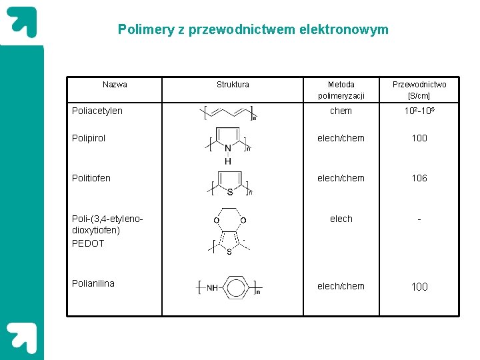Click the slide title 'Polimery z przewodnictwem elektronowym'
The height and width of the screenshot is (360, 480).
tap(253, 29)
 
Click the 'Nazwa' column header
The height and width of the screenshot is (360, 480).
tap(115, 85)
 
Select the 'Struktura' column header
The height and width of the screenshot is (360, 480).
tap(233, 85)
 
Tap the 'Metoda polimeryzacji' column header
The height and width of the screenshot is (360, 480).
tap(341, 90)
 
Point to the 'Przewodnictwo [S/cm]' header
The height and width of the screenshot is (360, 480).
tap(419, 90)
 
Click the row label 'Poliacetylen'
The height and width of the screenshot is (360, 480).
tap(97, 111)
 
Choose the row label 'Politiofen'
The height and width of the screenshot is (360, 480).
tap(91, 178)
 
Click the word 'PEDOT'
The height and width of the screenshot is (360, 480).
tap(88, 243)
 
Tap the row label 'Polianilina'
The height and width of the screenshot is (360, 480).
tap(93, 283)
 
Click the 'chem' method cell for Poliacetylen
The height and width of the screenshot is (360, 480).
tap(341, 111)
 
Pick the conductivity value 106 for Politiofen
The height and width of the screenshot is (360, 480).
tap(419, 178)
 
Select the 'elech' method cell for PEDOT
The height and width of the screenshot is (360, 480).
tap(341, 219)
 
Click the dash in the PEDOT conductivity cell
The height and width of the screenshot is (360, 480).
tap(419, 219)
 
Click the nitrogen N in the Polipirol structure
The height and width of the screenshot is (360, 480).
tap(228, 149)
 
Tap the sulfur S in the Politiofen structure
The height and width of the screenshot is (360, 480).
tap(229, 192)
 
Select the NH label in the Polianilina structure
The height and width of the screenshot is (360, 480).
tap(212, 288)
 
